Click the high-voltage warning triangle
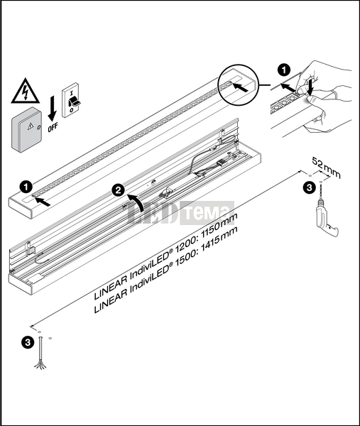(26, 91)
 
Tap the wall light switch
(70, 100)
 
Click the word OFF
(53, 127)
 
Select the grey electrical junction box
(27, 130)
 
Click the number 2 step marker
(119, 190)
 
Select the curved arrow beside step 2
(137, 202)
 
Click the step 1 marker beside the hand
(284, 70)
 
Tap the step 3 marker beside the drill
(310, 187)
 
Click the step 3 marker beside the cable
(28, 343)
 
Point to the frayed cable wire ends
(40, 364)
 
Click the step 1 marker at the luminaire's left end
(26, 187)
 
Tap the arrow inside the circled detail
(241, 87)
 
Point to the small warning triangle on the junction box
(31, 126)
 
